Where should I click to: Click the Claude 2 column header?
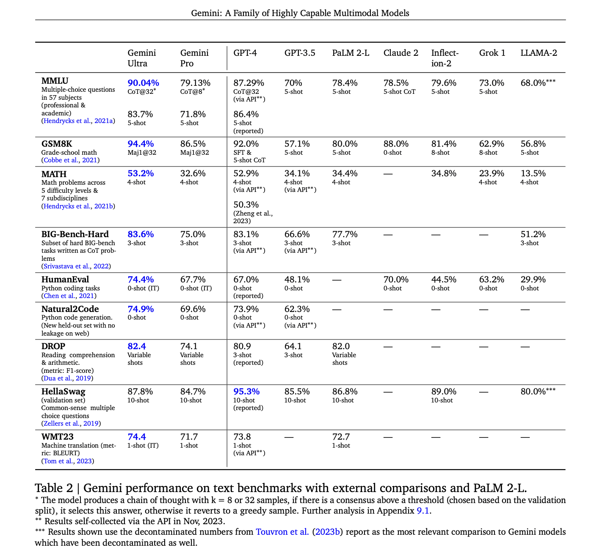[x=400, y=53]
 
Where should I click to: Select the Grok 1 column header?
[x=492, y=53]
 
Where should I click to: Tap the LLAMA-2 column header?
[x=538, y=53]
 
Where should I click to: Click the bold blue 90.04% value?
[x=143, y=83]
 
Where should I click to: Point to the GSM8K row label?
[x=57, y=144]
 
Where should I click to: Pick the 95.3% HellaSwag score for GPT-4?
[x=246, y=391]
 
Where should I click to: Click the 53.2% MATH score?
[x=141, y=173]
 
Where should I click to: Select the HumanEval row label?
[x=65, y=279]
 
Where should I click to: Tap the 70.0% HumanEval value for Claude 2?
[x=396, y=279]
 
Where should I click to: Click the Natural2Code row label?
[x=70, y=309]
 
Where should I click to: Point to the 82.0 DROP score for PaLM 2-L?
[x=341, y=346]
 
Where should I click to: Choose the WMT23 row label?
[x=58, y=437]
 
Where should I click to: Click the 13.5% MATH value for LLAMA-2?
[x=533, y=173]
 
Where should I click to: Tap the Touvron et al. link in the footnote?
[x=282, y=532]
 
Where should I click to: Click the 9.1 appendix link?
[x=423, y=511]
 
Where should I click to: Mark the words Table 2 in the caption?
[x=54, y=488]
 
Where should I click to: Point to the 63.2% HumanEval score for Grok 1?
[x=492, y=279]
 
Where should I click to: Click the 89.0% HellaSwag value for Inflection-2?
[x=444, y=391]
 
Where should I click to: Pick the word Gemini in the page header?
[x=206, y=13]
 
